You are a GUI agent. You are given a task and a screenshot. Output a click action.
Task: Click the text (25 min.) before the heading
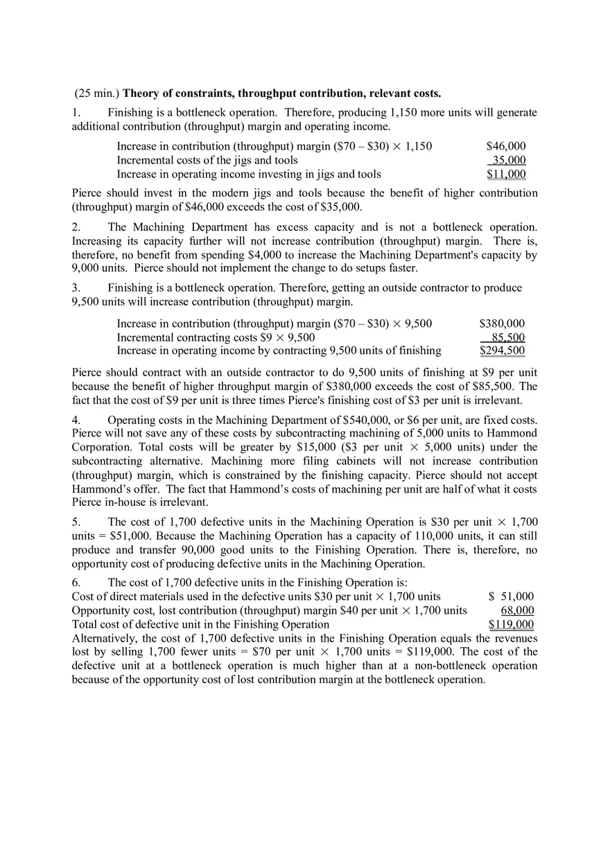(x=96, y=94)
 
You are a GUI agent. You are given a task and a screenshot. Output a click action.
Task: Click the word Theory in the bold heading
(x=141, y=94)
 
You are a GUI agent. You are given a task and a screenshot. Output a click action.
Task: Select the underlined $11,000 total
(x=506, y=175)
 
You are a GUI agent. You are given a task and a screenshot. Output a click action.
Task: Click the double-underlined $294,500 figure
(x=503, y=351)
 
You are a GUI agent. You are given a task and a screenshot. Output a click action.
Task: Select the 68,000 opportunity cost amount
(x=517, y=610)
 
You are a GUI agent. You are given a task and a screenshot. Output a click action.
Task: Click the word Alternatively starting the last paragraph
(x=104, y=638)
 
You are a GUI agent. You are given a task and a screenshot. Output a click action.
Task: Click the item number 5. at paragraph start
(x=76, y=522)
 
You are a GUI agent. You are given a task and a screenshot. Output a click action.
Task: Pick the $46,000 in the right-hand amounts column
(x=506, y=146)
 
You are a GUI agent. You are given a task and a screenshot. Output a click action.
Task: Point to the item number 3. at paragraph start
(x=76, y=288)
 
